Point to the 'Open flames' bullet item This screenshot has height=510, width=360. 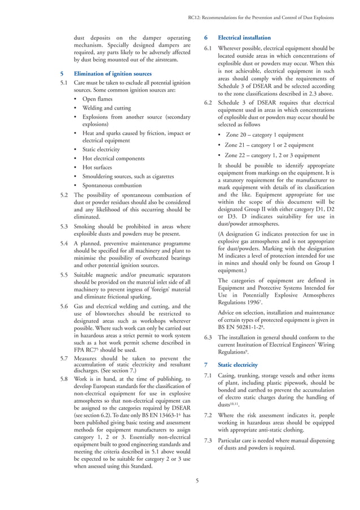[x=97, y=99]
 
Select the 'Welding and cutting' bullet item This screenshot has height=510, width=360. [x=107, y=108]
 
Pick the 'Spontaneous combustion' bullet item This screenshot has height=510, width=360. [x=112, y=185]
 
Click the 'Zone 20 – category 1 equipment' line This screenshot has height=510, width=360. [x=265, y=135]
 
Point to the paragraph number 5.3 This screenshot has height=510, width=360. [x=64, y=224]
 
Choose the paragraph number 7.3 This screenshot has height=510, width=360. [x=208, y=440]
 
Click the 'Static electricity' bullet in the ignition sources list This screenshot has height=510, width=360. [x=101, y=150]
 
